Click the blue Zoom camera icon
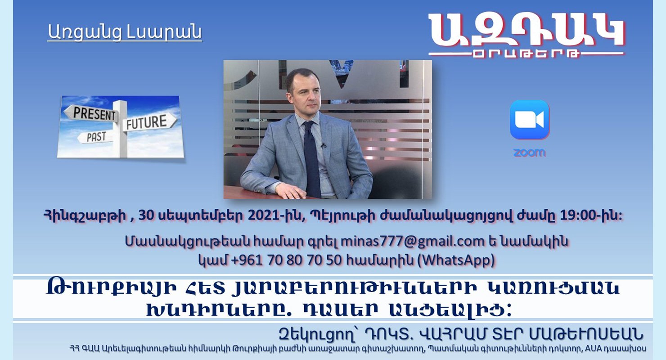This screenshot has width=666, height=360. (530, 120)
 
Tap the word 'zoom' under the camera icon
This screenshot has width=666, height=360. (530, 153)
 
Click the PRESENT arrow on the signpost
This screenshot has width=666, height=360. (91, 113)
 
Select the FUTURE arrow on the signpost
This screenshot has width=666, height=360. (151, 121)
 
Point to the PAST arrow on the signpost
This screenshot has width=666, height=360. (95, 137)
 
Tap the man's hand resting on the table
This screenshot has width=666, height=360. (291, 190)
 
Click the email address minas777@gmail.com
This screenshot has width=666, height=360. (413, 241)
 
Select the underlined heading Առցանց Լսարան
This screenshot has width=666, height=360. (125, 32)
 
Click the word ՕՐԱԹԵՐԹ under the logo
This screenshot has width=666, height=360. (526, 54)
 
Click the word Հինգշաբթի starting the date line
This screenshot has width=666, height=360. (85, 216)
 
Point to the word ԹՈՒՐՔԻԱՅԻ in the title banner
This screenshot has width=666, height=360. (112, 288)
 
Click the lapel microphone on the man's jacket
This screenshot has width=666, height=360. (323, 146)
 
